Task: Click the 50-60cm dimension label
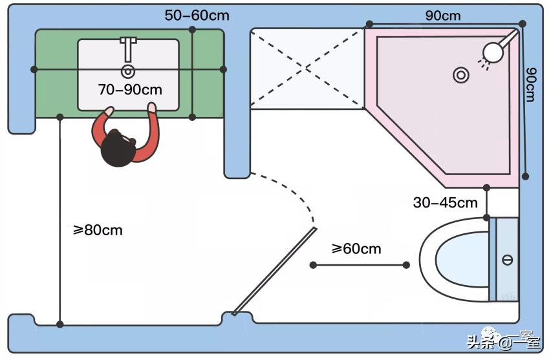coord(197,15)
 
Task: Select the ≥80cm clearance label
coord(97,229)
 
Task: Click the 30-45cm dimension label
coord(445,202)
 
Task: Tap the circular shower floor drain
coord(460,75)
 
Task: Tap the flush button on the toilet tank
coord(507,260)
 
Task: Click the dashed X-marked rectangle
coord(307,69)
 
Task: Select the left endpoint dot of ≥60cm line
coord(313,265)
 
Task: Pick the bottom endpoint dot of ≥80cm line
coord(60,324)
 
